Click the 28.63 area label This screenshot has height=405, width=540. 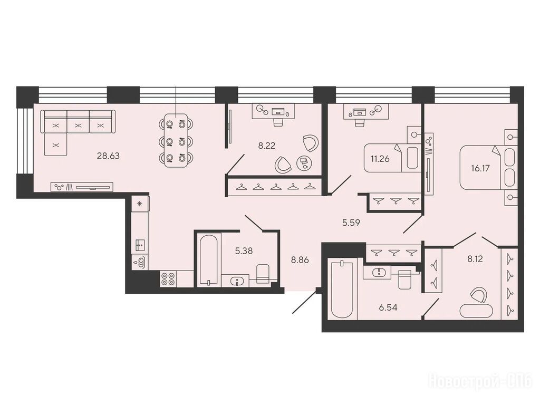pyautogui.click(x=108, y=156)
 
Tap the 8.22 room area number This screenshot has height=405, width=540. pyautogui.click(x=266, y=146)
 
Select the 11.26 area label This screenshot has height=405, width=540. pyautogui.click(x=380, y=159)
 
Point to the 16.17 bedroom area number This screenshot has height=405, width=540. pyautogui.click(x=480, y=168)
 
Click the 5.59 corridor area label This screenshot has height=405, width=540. pyautogui.click(x=351, y=223)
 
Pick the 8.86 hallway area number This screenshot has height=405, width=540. pyautogui.click(x=300, y=260)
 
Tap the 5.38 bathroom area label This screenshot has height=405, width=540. pyautogui.click(x=244, y=251)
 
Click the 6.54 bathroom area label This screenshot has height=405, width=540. pyautogui.click(x=388, y=307)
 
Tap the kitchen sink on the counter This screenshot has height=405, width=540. pyautogui.click(x=140, y=245)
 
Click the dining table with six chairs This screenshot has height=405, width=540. pyautogui.click(x=176, y=140)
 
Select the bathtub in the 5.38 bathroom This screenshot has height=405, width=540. pyautogui.click(x=208, y=259)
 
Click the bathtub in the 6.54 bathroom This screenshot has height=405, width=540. pyautogui.click(x=342, y=290)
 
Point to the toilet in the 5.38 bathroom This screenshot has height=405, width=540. pyautogui.click(x=263, y=274)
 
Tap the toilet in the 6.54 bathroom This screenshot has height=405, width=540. pyautogui.click(x=404, y=279)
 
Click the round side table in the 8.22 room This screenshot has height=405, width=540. pyautogui.click(x=304, y=163)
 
